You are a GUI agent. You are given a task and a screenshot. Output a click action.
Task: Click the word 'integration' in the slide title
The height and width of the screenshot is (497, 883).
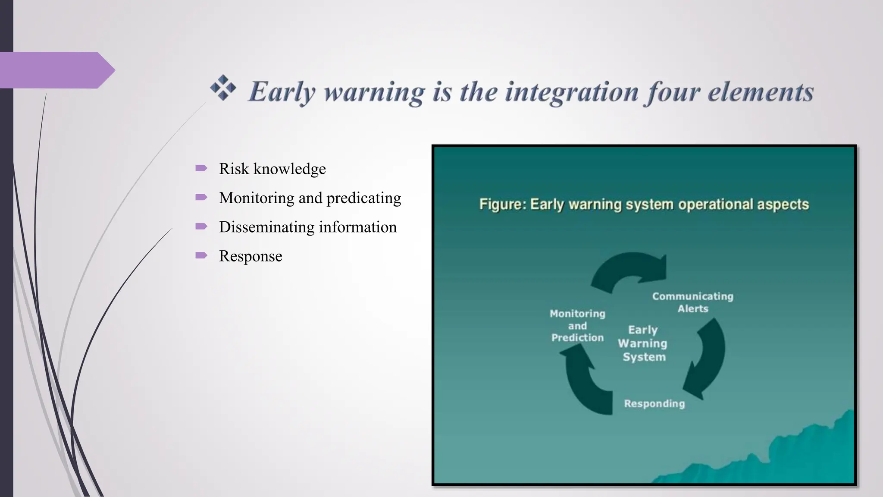pyautogui.click(x=572, y=92)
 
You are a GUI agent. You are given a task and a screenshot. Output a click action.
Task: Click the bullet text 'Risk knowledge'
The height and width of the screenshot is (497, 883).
pyautogui.click(x=272, y=169)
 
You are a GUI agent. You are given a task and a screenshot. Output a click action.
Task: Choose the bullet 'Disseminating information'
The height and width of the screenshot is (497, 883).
pyautogui.click(x=307, y=227)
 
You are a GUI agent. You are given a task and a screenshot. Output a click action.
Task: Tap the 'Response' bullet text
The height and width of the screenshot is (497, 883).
pyautogui.click(x=250, y=256)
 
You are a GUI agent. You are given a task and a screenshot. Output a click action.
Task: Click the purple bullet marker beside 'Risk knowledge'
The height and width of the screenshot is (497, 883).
pyautogui.click(x=201, y=168)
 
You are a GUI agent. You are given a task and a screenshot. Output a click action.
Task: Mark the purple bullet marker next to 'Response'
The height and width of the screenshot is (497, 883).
pyautogui.click(x=201, y=255)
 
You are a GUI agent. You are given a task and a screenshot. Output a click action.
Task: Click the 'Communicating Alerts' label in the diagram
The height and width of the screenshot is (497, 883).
pyautogui.click(x=692, y=302)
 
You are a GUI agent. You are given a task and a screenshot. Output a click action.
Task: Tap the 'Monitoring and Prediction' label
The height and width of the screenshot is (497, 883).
pyautogui.click(x=577, y=325)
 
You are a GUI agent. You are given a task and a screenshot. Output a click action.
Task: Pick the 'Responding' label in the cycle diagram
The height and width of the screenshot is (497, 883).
pyautogui.click(x=654, y=403)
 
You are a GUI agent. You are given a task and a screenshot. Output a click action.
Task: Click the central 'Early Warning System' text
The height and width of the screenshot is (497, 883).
pyautogui.click(x=643, y=343)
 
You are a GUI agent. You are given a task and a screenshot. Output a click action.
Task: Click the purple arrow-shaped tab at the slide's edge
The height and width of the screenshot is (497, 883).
pyautogui.click(x=56, y=70)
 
